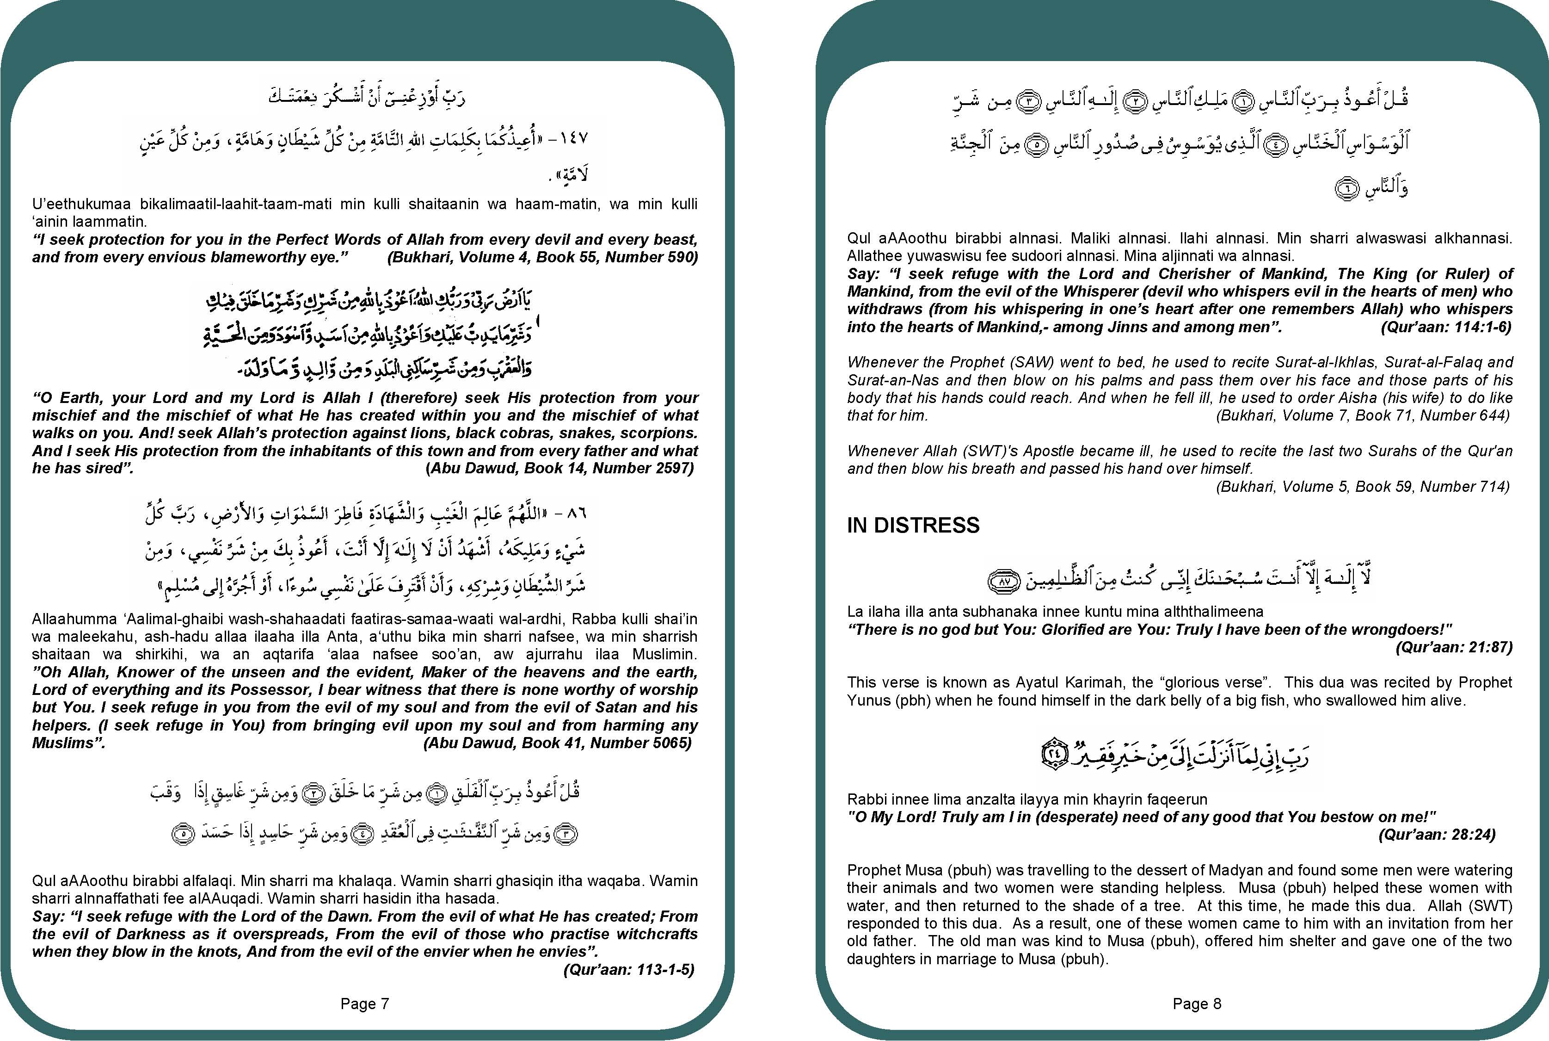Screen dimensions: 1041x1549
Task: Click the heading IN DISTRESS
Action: pyautogui.click(x=913, y=525)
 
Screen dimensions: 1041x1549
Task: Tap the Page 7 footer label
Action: pyautogui.click(x=364, y=1003)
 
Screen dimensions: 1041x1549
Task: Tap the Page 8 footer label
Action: pyautogui.click(x=1197, y=1003)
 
